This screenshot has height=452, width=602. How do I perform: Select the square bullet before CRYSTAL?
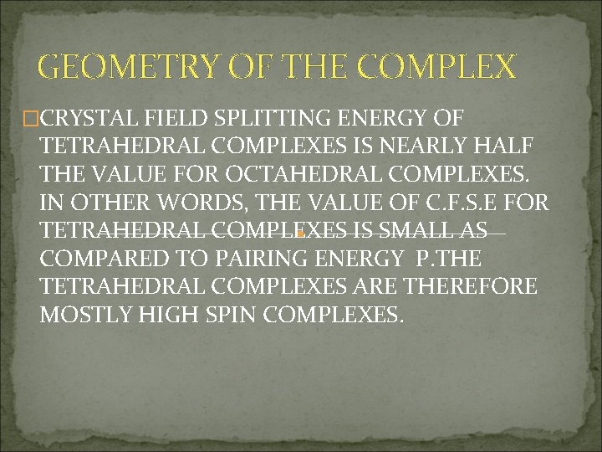(x=33, y=120)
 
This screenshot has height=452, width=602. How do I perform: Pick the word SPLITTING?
(x=263, y=119)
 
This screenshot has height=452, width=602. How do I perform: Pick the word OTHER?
(x=108, y=203)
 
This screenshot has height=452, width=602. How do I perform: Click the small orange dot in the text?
(x=298, y=236)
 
